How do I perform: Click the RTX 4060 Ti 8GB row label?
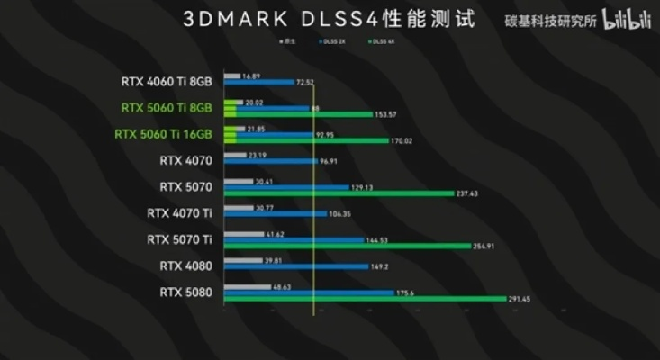click(167, 81)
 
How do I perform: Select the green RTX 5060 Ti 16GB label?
click(164, 134)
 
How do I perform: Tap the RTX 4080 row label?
click(185, 265)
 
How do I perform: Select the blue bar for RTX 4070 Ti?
click(275, 214)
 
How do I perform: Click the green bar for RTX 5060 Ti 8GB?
click(297, 115)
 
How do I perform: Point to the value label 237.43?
click(472, 193)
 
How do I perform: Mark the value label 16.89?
click(251, 76)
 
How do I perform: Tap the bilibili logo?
click(627, 19)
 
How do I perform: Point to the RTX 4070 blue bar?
click(270, 162)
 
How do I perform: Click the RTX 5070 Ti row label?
click(179, 239)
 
